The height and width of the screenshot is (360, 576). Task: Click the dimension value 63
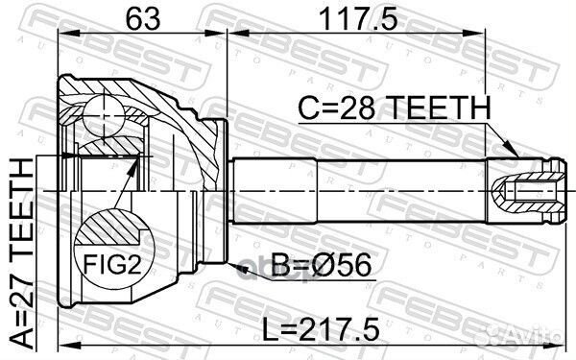(143, 19)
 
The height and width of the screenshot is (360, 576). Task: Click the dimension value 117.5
(358, 19)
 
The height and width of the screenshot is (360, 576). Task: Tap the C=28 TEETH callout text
(395, 108)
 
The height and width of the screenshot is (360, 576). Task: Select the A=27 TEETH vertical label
(22, 253)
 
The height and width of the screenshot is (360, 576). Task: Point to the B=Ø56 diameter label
(321, 266)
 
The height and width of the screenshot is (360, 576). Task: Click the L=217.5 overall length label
(321, 329)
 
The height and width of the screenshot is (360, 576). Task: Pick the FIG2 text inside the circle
(112, 264)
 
